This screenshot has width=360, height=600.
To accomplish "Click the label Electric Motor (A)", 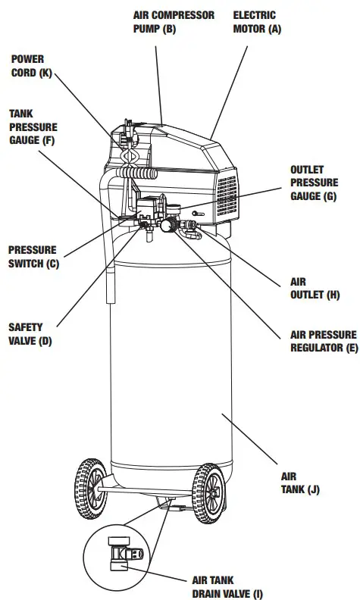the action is pos(257,22).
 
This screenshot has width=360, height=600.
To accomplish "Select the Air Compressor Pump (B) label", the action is pos(174,22).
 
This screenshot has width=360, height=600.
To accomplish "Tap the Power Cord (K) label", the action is pos(31,66).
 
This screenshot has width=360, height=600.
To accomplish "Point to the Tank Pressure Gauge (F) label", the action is pos(33,127).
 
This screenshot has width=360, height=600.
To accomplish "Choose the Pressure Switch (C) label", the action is pos(33,257).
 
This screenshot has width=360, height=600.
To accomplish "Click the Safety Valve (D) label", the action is pos(30,334).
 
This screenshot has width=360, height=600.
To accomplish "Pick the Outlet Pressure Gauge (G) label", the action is pos(314,183).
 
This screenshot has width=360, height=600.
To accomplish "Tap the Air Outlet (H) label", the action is pos(315,289).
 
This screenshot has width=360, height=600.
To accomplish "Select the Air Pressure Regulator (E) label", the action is pos(324,342).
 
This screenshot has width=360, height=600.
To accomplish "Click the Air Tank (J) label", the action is pos(300,483).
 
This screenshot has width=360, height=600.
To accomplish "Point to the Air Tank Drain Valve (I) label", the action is pos(227,587).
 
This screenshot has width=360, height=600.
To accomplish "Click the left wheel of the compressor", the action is pos(91,489).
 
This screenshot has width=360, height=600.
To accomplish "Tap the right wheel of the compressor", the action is pos(208,494).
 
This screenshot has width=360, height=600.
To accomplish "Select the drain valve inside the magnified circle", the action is pos(124,554).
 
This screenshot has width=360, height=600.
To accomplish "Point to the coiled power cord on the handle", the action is pos(136,173).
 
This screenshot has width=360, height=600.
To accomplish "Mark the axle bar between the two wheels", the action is pos(145,491).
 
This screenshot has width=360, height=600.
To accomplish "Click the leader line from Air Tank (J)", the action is pos(249,439).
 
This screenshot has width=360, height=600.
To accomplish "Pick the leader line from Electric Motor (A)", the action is pos(229,92).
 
